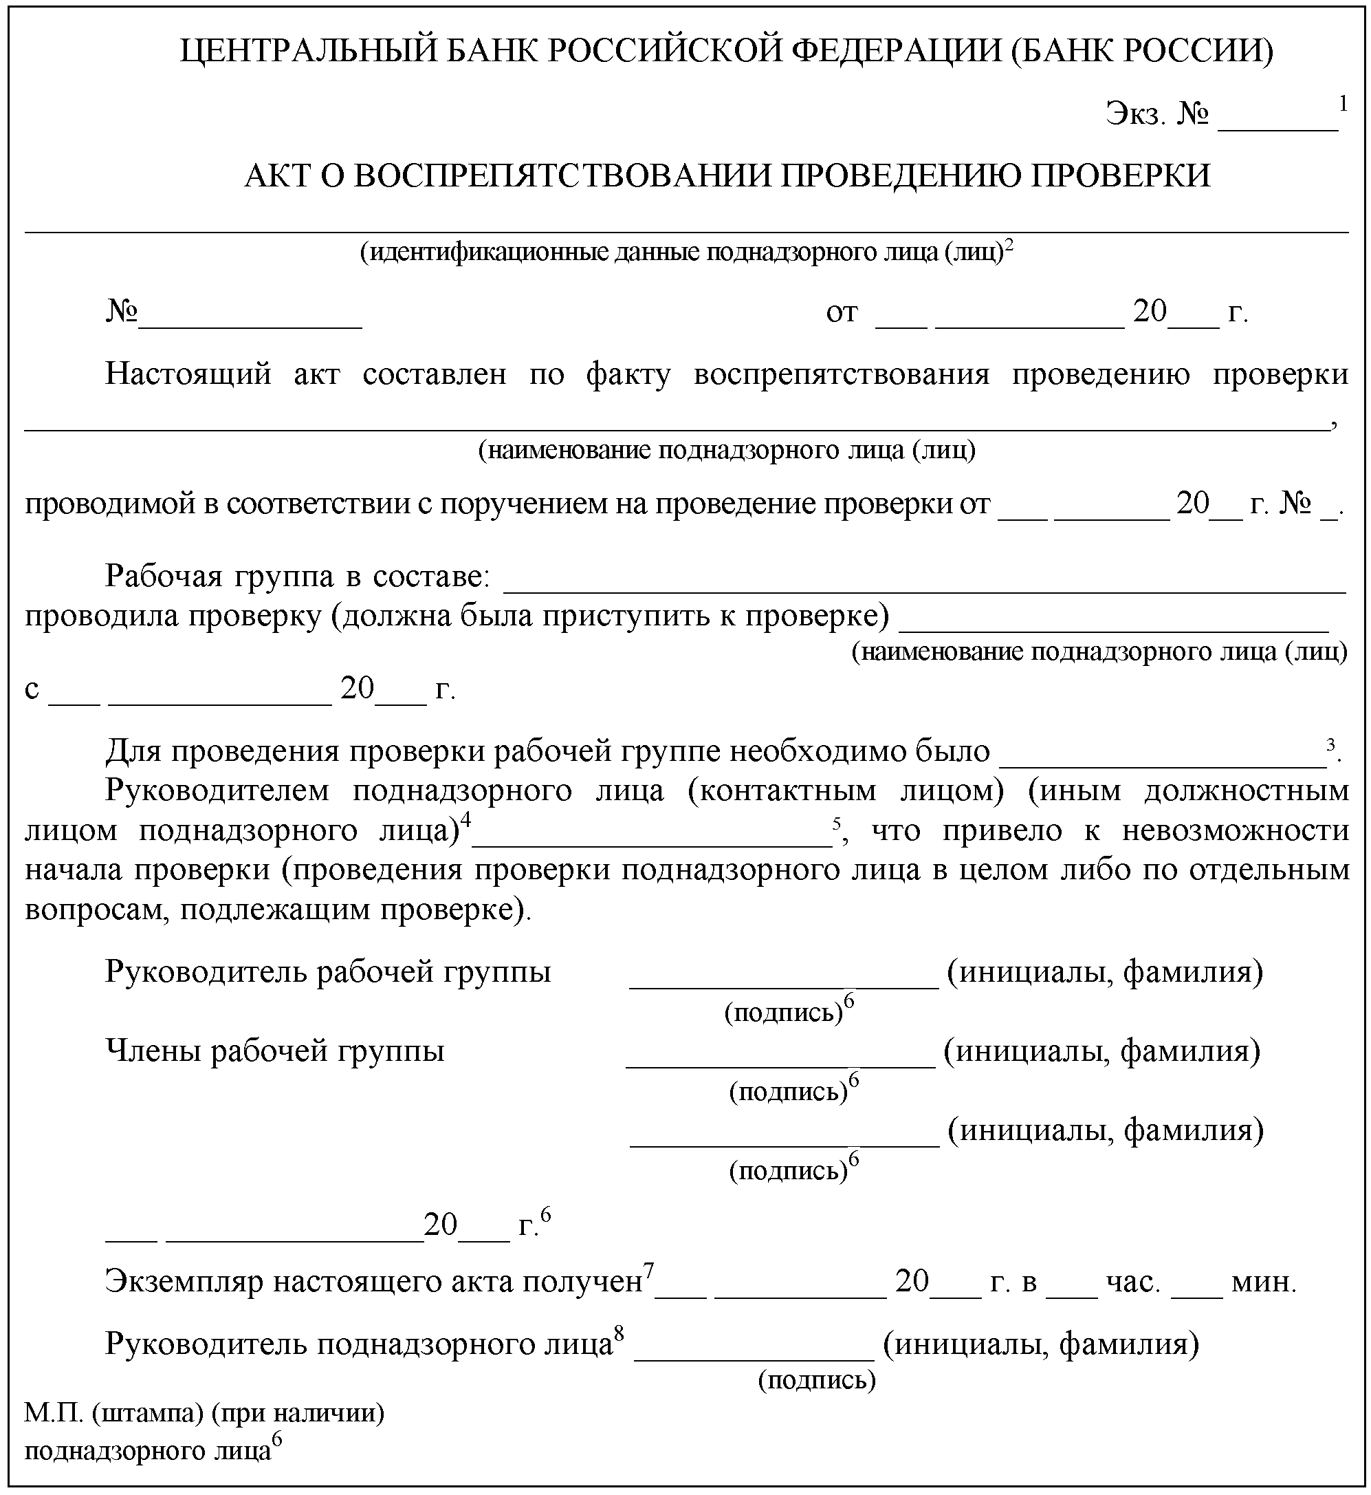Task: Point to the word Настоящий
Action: click(188, 374)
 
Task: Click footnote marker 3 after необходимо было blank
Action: click(1332, 743)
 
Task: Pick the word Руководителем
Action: click(217, 790)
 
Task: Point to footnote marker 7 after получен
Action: click(648, 1271)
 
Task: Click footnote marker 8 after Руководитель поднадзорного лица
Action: click(619, 1334)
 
